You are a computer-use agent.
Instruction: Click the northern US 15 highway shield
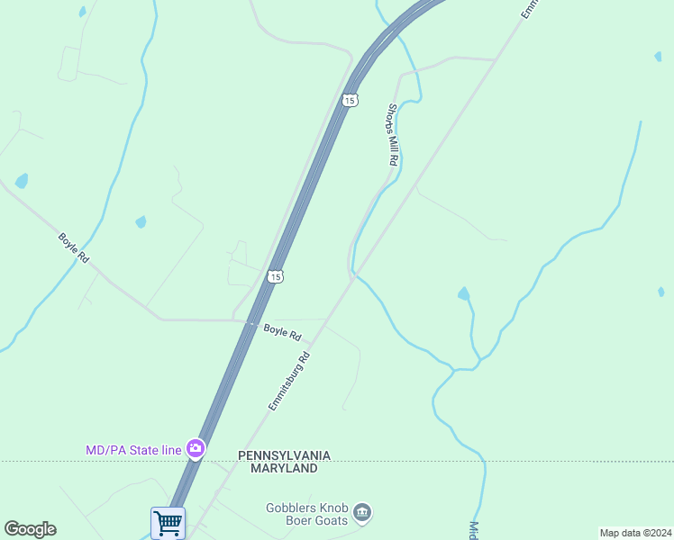tap(350, 100)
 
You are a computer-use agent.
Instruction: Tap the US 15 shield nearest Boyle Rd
tap(277, 276)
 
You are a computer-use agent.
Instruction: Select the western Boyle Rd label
tap(74, 247)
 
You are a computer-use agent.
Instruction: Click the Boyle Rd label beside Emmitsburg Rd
tap(282, 331)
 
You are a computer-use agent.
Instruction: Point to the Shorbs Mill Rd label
tap(392, 134)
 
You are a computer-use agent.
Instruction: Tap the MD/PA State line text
tap(132, 448)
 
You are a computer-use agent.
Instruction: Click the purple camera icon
tap(196, 447)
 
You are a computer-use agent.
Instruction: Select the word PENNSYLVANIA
tap(284, 455)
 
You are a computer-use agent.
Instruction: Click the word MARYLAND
tap(284, 468)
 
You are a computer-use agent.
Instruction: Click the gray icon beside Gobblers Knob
tap(362, 513)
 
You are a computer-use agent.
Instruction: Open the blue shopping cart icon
tap(168, 523)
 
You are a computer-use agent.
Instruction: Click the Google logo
tap(30, 529)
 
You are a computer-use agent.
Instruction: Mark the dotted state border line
tap(541, 462)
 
